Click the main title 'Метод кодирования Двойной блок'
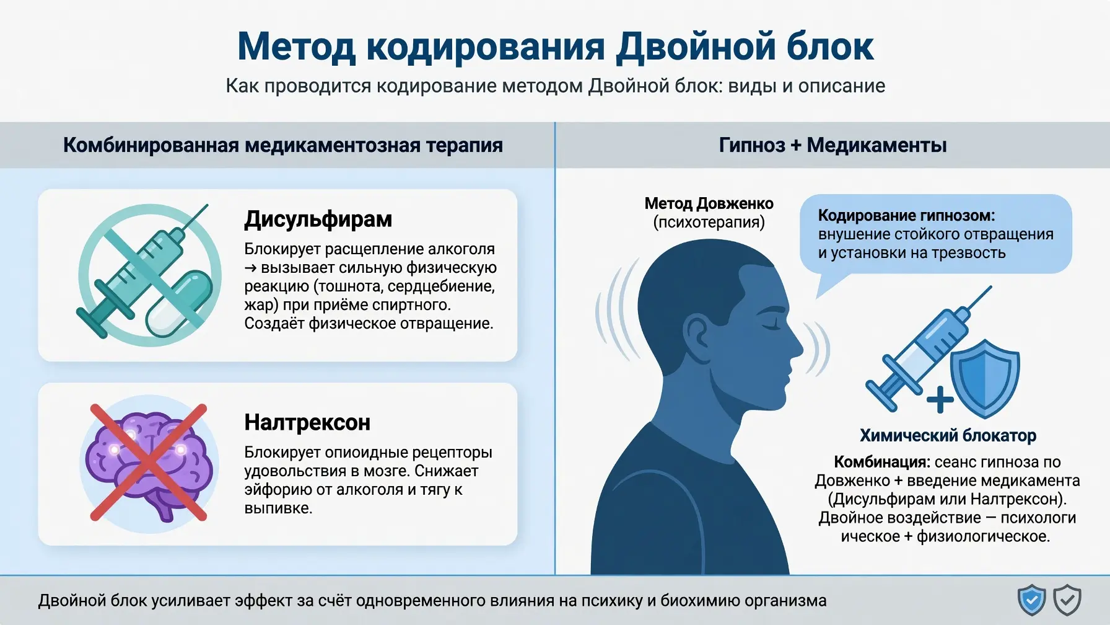(x=555, y=47)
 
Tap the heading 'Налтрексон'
(x=307, y=422)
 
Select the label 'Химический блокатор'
(x=948, y=435)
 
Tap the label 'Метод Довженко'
(x=709, y=203)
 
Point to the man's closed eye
(x=771, y=325)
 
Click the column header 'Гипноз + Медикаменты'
(x=833, y=145)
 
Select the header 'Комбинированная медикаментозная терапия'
(x=283, y=145)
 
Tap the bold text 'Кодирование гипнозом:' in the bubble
(x=906, y=215)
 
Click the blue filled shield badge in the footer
(x=1031, y=600)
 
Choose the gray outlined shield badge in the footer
(x=1067, y=600)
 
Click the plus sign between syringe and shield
(x=940, y=400)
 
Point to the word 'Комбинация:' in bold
(x=881, y=462)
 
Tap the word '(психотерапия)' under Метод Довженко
(x=709, y=222)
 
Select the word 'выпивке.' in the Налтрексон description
(x=278, y=508)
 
